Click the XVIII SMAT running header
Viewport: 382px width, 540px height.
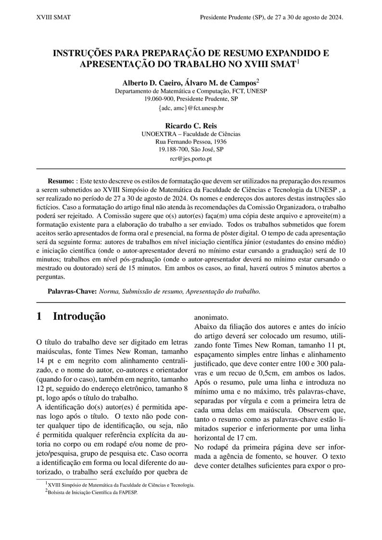click(x=53, y=17)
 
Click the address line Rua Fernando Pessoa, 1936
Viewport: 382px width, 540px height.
click(x=191, y=142)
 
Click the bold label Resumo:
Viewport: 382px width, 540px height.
click(x=60, y=181)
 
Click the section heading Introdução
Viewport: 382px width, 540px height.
click(x=79, y=316)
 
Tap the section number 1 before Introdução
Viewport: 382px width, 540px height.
click(x=39, y=316)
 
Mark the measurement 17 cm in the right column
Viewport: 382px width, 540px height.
click(x=245, y=438)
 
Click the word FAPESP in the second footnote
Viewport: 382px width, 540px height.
click(x=127, y=492)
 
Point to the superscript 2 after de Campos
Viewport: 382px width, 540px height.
click(x=258, y=81)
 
